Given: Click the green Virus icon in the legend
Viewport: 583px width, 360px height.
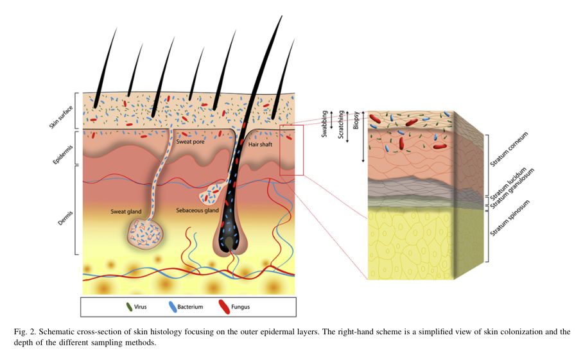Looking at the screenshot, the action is point(129,307).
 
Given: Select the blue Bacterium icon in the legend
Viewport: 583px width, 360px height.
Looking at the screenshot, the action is point(173,307).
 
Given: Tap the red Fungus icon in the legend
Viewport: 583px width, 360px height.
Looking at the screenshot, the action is point(223,307).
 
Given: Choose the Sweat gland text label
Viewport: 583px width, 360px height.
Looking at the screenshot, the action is point(127,210).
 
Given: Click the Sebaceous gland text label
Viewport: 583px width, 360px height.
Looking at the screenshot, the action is point(197,210).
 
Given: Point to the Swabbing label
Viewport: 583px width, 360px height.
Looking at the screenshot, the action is point(326,123).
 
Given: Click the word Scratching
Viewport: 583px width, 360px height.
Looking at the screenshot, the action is point(341,125).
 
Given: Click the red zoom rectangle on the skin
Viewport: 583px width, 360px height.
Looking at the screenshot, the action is point(291,150).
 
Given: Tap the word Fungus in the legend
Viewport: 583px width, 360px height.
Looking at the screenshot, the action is point(241,307).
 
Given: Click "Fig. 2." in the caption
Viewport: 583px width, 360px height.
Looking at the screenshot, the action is point(24,332).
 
